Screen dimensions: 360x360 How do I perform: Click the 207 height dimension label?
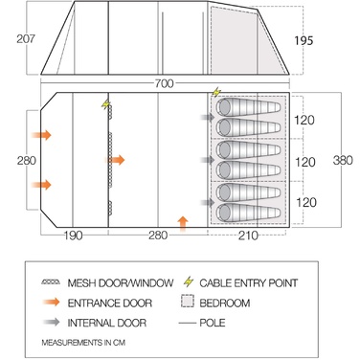pyautogui.click(x=26, y=39)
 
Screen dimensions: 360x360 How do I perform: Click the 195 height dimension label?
pyautogui.click(x=304, y=41)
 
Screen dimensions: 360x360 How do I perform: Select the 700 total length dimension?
pyautogui.click(x=165, y=83)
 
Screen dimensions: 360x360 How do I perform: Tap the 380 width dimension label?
pyautogui.click(x=343, y=160)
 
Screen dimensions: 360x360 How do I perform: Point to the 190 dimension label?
pyautogui.click(x=73, y=236)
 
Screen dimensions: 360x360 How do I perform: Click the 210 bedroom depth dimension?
pyautogui.click(x=248, y=236)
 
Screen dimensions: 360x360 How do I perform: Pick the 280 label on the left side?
pyautogui.click(x=27, y=160)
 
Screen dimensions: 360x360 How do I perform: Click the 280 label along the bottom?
pyautogui.click(x=158, y=236)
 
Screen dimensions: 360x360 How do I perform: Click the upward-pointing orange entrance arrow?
pyautogui.click(x=183, y=223)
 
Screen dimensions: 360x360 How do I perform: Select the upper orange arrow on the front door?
pyautogui.click(x=41, y=135)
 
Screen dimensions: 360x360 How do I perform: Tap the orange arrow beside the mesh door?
pyautogui.click(x=115, y=160)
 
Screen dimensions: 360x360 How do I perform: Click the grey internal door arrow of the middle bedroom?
pyautogui.click(x=208, y=160)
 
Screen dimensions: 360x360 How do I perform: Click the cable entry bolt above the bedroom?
pyautogui.click(x=216, y=92)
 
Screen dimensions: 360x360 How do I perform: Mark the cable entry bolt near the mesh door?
pyautogui.click(x=105, y=104)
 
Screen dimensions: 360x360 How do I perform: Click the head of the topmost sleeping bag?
pyautogui.click(x=224, y=107)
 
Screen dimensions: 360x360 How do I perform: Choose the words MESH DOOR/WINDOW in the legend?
pyautogui.click(x=121, y=282)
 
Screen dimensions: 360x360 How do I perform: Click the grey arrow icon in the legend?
pyautogui.click(x=52, y=322)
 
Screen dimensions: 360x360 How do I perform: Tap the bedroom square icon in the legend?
pyautogui.click(x=188, y=301)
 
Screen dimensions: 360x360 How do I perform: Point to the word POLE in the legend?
pyautogui.click(x=213, y=323)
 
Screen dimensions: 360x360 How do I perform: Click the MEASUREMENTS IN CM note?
pyautogui.click(x=83, y=343)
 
